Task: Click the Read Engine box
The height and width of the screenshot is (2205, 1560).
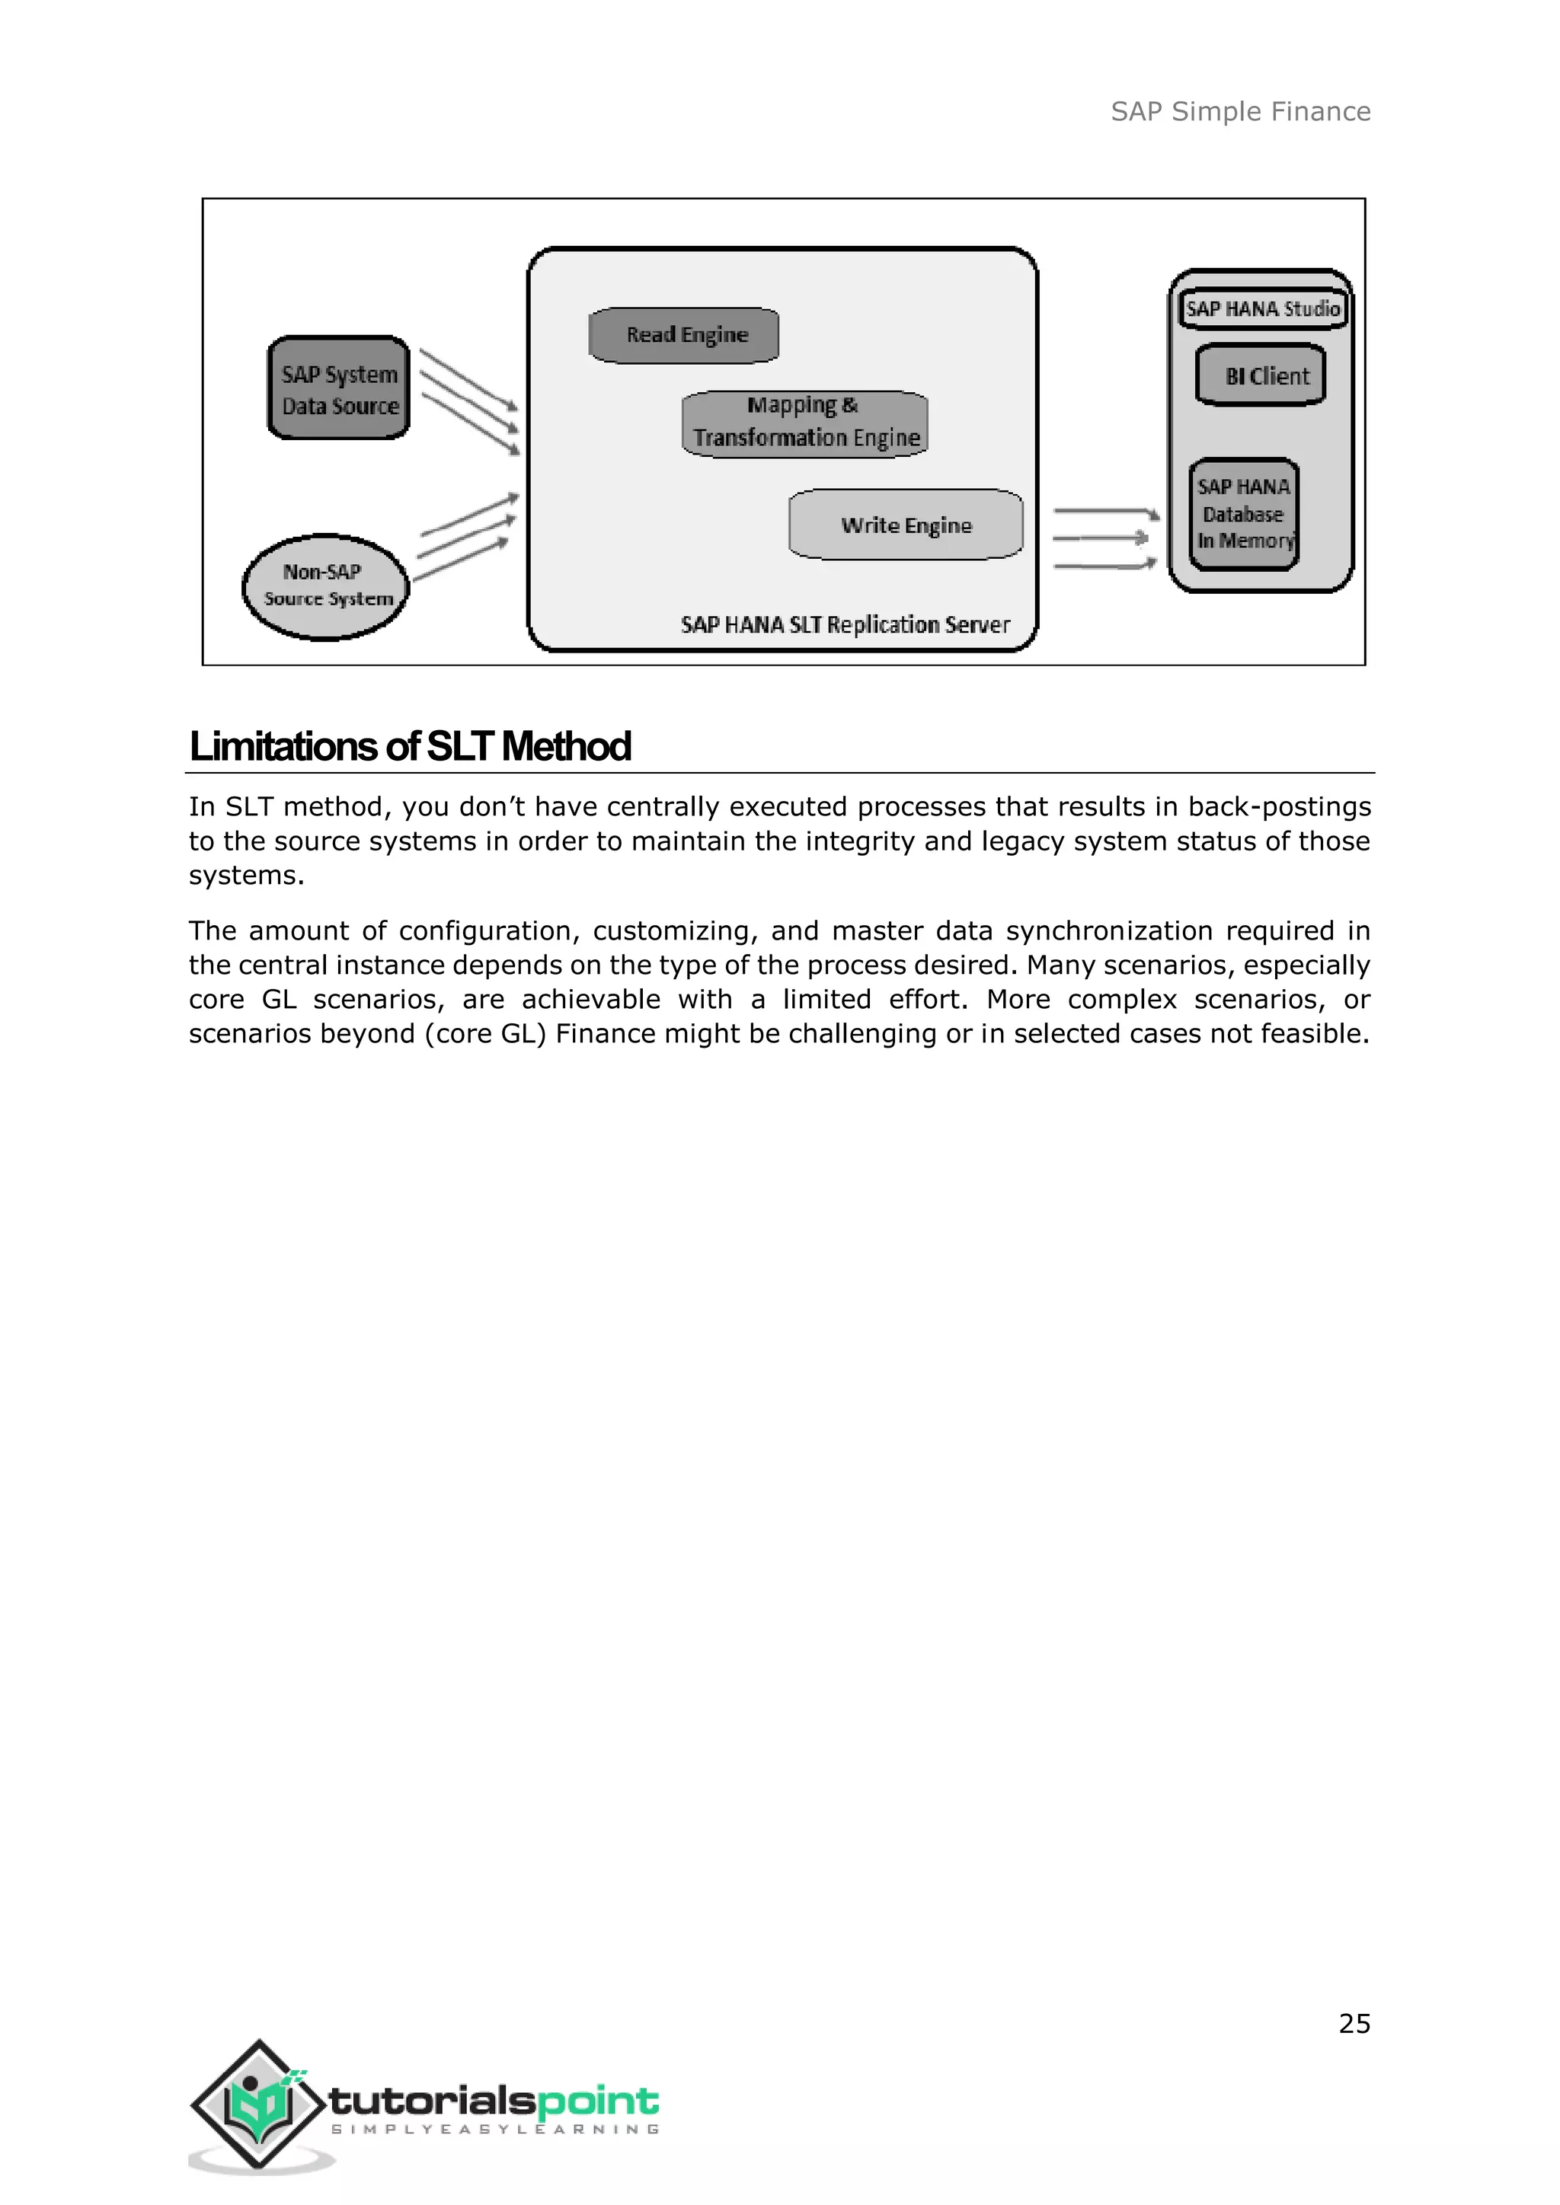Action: [x=683, y=335]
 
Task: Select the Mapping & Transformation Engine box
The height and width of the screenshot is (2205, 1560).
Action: [x=805, y=423]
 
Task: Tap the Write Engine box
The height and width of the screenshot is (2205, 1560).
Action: [x=906, y=525]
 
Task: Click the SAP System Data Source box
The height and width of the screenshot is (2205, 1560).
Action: [x=339, y=389]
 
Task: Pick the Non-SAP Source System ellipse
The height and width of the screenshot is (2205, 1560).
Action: [x=326, y=586]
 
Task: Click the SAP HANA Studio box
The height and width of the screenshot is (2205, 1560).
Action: [x=1262, y=309]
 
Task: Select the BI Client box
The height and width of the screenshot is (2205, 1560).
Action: [x=1261, y=375]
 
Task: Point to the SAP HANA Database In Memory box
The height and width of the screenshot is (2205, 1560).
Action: [x=1244, y=515]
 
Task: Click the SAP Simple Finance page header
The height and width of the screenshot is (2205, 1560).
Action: [x=1240, y=113]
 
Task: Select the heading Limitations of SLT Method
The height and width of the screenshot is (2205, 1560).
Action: [x=410, y=747]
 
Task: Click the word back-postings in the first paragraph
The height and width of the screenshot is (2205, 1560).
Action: [x=1280, y=807]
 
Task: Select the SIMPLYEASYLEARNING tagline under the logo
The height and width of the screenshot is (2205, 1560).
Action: [x=494, y=2129]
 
